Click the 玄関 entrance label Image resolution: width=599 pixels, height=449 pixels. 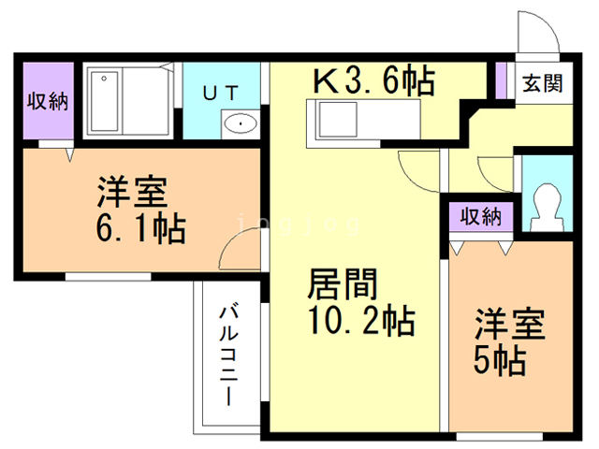[x=542, y=83]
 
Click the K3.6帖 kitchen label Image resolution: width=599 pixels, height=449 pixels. [x=373, y=80]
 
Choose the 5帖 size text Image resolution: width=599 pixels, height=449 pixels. [x=499, y=359]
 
